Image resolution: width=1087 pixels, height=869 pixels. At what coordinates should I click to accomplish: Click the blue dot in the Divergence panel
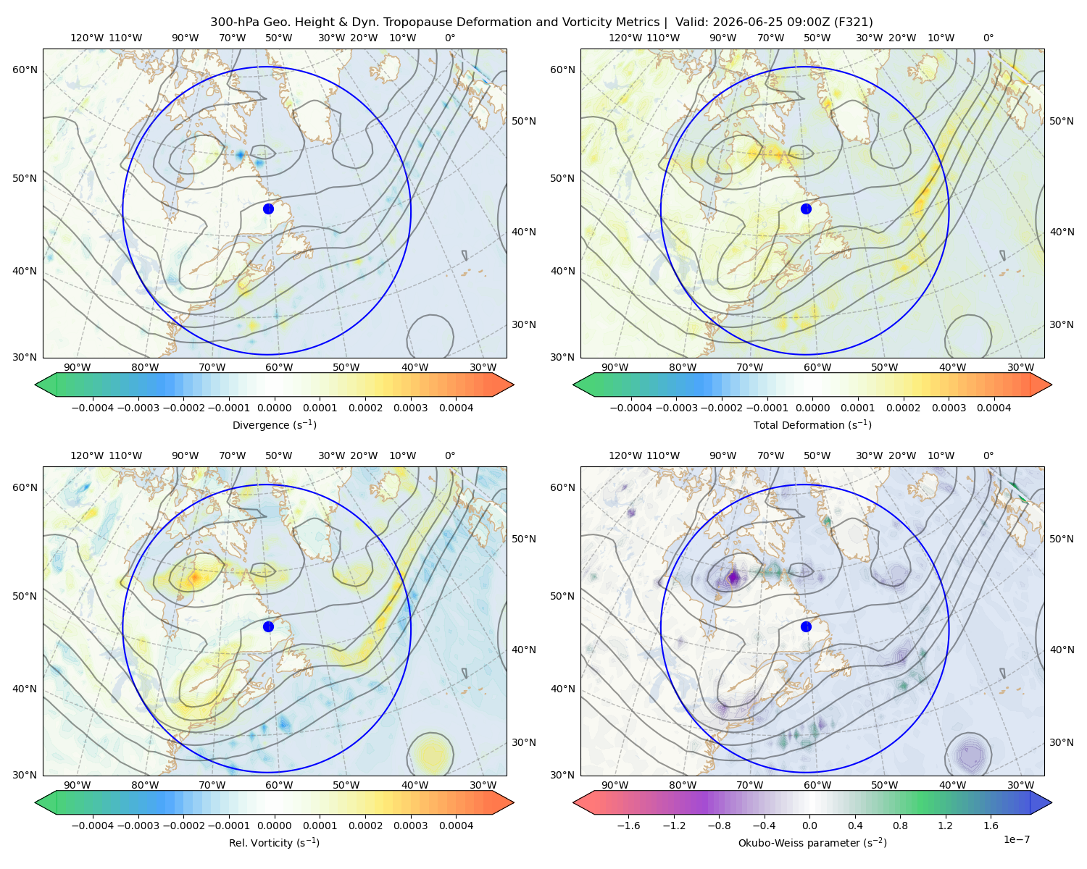[x=268, y=209]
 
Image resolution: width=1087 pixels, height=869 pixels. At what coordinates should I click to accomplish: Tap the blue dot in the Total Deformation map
[x=806, y=209]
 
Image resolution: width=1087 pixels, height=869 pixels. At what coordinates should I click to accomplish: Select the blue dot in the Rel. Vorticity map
[x=268, y=626]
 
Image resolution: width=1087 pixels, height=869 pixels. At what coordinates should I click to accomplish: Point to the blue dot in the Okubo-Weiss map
[x=806, y=626]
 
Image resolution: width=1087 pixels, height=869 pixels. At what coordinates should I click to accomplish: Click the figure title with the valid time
[x=541, y=22]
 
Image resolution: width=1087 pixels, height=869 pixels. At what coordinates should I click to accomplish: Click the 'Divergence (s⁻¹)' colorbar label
[x=274, y=424]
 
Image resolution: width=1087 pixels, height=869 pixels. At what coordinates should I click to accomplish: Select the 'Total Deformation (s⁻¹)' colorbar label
[x=812, y=424]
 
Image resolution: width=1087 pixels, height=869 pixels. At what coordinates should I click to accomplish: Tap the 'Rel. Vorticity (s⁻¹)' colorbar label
[x=274, y=842]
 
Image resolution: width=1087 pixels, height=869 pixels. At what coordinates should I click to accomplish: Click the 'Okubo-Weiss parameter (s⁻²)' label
[x=812, y=842]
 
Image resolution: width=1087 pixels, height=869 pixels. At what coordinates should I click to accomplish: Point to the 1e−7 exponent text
[x=1016, y=839]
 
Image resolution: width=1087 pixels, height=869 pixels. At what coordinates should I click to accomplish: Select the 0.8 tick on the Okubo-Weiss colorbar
[x=900, y=826]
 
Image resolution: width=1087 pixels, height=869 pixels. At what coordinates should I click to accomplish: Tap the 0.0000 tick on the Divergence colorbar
[x=274, y=408]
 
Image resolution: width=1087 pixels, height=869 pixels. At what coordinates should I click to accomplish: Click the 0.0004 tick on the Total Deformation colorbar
[x=994, y=408]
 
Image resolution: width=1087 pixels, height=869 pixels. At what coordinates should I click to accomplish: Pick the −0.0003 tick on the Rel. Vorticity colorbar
[x=138, y=826]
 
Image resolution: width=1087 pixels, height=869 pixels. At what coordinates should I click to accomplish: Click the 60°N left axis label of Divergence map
[x=25, y=70]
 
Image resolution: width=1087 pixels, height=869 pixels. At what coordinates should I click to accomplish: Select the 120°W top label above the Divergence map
[x=87, y=38]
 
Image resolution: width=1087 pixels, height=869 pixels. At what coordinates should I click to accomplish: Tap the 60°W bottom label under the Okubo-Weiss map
[x=817, y=785]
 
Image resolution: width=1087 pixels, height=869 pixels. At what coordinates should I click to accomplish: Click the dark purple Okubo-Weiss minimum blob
[x=733, y=576]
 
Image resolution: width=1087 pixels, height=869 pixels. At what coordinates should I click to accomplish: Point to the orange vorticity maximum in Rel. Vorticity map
[x=195, y=576]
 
